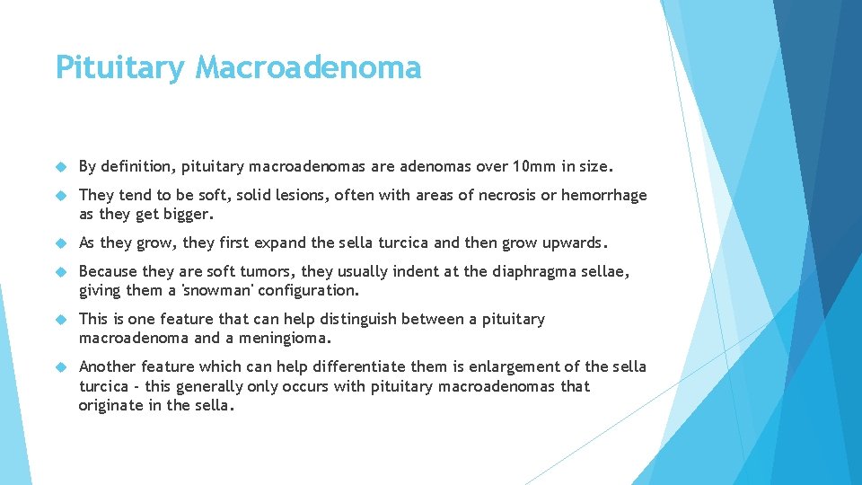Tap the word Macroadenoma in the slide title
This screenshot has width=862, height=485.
click(308, 67)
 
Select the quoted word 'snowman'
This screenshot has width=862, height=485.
click(218, 291)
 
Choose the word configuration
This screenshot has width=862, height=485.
click(308, 291)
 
